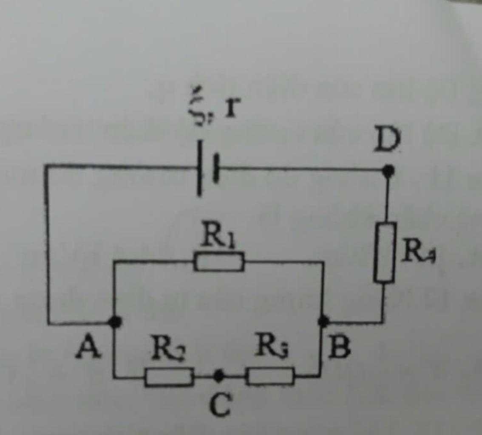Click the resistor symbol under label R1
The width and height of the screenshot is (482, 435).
click(219, 261)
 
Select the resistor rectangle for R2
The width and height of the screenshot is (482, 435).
click(169, 377)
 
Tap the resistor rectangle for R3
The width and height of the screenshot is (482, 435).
click(270, 376)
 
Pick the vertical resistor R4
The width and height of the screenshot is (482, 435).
click(385, 252)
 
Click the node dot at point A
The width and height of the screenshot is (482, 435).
click(115, 322)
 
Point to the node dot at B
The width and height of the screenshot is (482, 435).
click(323, 321)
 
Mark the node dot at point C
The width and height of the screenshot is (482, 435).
click(219, 376)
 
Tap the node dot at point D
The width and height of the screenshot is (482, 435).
click(387, 171)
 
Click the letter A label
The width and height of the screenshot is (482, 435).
click(88, 347)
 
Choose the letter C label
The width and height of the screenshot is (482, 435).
click(221, 404)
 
